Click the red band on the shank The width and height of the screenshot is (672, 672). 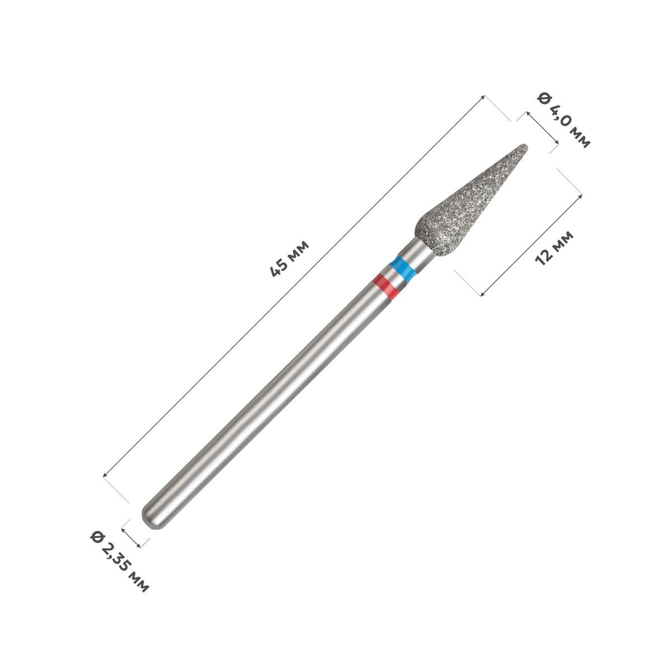pos(385,286)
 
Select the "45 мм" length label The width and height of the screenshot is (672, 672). pos(290,258)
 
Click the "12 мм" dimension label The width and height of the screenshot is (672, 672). pos(554,248)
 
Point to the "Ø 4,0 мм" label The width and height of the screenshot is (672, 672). pos(564,120)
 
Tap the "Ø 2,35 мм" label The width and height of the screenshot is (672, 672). pos(120,562)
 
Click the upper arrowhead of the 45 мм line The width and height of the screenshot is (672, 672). pos(482,97)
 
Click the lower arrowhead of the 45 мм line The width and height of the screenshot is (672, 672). pos(105,475)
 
